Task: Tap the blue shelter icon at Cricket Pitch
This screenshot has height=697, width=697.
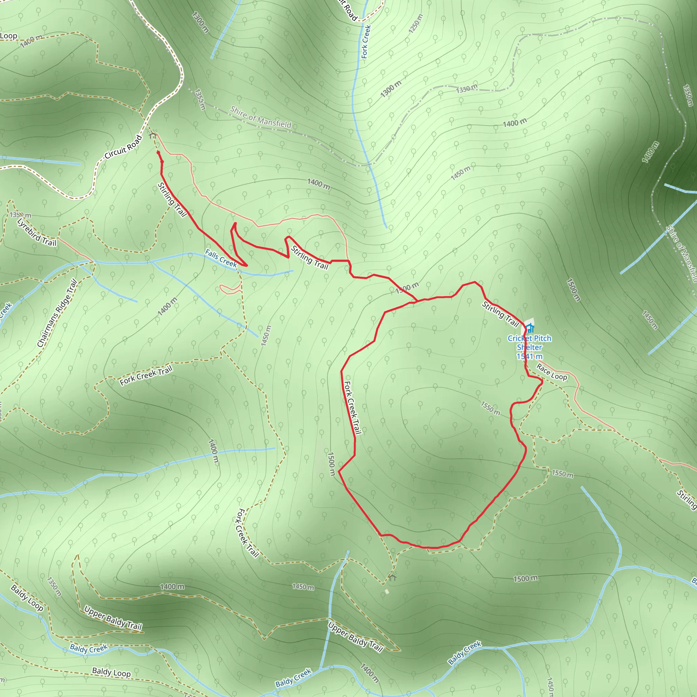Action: [530, 328]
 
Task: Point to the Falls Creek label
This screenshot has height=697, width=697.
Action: [221, 258]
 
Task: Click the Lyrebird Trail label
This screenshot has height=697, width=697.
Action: [37, 233]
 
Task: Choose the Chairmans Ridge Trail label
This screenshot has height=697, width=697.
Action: [58, 313]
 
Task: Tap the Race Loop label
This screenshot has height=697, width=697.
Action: [552, 372]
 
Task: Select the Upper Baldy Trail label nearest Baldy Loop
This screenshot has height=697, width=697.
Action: [113, 618]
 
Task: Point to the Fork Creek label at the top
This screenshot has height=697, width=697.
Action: [366, 42]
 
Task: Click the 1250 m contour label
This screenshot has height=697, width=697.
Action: [416, 24]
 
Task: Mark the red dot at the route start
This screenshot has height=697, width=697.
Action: [158, 152]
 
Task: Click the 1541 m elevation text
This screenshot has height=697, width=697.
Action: [529, 356]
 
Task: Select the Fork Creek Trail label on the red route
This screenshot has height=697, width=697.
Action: [353, 408]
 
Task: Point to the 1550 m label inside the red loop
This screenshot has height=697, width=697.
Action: [490, 408]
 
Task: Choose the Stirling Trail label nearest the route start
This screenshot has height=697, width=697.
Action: [172, 199]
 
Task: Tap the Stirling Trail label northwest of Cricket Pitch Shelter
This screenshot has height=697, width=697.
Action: [500, 314]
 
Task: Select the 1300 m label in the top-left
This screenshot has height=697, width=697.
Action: [200, 22]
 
